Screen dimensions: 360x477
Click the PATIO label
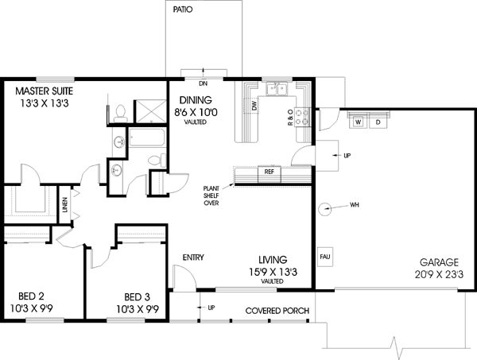tap(184, 10)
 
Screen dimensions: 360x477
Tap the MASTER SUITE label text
tap(45, 90)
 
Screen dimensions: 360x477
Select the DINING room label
tap(195, 100)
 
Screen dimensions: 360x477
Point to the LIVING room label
tap(272, 260)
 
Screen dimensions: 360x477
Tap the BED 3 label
tap(138, 292)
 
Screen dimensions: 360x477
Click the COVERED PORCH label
tap(277, 310)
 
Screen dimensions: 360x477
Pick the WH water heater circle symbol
tap(325, 209)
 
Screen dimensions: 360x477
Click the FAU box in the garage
tap(324, 257)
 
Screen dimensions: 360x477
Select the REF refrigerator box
tap(269, 172)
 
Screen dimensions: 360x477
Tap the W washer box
tap(359, 122)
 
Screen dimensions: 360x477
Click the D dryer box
tap(378, 122)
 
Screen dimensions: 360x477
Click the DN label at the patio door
tap(203, 82)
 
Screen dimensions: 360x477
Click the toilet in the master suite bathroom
tap(119, 111)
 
